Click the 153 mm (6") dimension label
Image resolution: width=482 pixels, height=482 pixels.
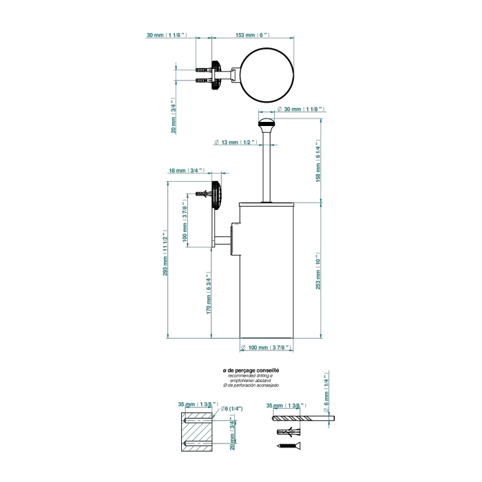(x=252, y=34)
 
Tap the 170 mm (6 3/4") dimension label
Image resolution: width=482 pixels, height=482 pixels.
(x=208, y=295)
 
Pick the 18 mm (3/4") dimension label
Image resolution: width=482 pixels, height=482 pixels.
(x=186, y=170)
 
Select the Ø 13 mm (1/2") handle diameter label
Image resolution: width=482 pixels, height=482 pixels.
(x=235, y=142)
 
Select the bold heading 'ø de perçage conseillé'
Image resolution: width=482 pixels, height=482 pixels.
(x=251, y=370)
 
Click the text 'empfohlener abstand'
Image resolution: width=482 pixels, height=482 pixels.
(x=250, y=380)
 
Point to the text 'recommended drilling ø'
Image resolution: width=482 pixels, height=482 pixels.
(x=251, y=375)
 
